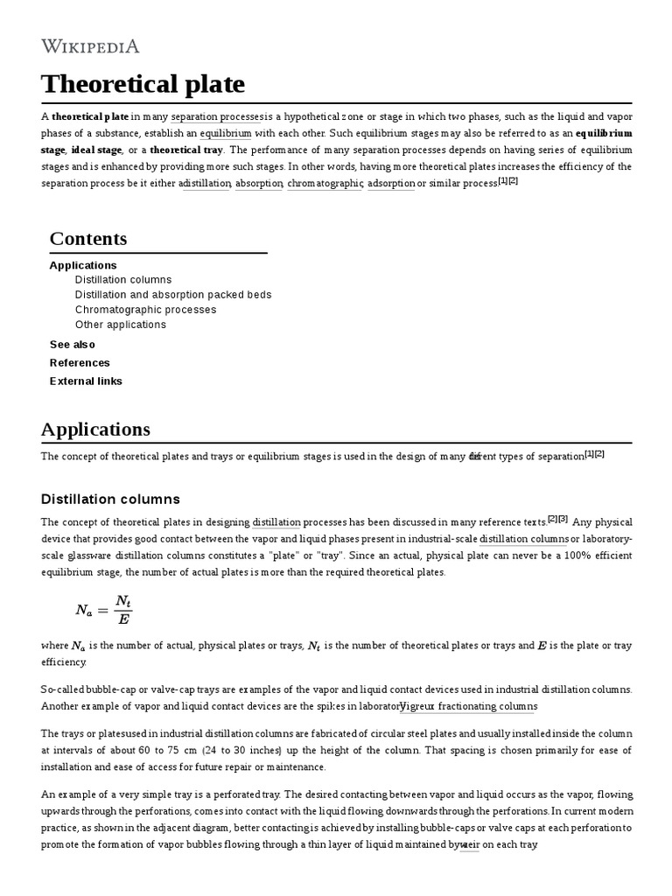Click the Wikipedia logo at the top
tap(90, 46)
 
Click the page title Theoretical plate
tap(143, 85)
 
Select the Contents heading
tap(88, 239)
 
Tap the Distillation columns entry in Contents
tap(123, 280)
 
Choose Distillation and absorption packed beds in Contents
tap(173, 295)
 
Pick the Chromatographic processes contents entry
tap(145, 310)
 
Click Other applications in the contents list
tap(120, 325)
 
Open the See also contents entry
tap(73, 345)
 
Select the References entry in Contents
tap(80, 363)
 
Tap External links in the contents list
tap(86, 381)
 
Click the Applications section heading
tap(95, 430)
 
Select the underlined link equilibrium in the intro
tap(225, 133)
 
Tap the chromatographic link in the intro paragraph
tap(325, 183)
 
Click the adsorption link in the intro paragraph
tap(390, 183)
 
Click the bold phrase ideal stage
tap(96, 150)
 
